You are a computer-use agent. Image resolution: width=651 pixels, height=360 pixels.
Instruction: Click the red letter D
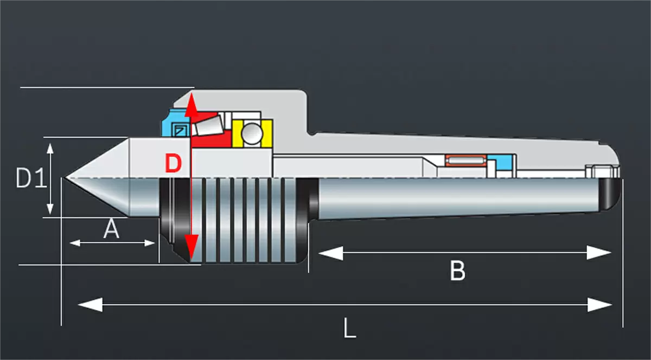tap(173, 163)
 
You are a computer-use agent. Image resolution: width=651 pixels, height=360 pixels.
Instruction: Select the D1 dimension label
tap(31, 178)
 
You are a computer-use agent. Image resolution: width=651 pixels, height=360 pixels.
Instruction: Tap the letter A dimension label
tap(111, 230)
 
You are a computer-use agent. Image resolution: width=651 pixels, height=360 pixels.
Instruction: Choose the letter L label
tap(350, 328)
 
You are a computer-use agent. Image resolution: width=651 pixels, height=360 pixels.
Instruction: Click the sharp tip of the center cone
tap(65, 178)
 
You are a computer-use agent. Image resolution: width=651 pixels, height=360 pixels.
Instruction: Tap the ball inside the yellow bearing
tap(251, 133)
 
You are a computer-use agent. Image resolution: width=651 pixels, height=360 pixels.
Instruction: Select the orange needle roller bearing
tap(465, 161)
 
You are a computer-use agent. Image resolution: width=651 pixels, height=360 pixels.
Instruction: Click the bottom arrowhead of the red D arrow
tap(191, 249)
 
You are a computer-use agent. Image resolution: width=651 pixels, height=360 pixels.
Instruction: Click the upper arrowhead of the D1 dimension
tap(50, 148)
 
